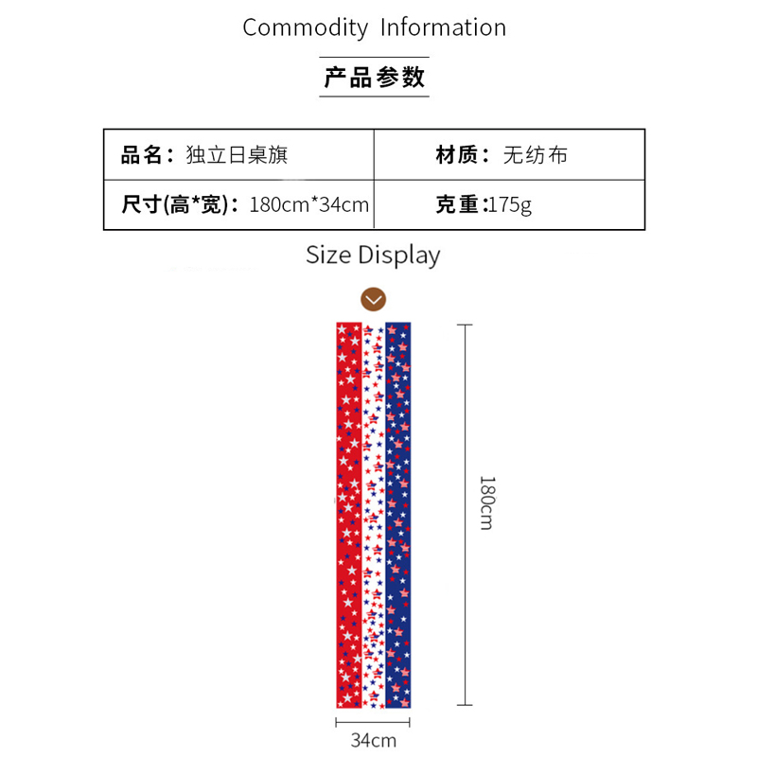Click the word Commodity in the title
click(305, 27)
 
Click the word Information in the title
click(443, 27)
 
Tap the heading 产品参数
click(375, 78)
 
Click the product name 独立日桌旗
click(237, 154)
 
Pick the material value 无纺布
click(535, 154)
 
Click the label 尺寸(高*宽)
click(181, 204)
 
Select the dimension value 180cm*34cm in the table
click(308, 204)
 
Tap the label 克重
click(461, 204)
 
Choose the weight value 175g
click(510, 204)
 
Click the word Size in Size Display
click(328, 255)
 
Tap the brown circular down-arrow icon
click(374, 300)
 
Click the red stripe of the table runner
click(348, 516)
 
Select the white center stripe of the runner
click(374, 516)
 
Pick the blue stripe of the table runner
click(398, 516)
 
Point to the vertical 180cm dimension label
click(486, 502)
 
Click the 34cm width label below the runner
click(374, 740)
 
